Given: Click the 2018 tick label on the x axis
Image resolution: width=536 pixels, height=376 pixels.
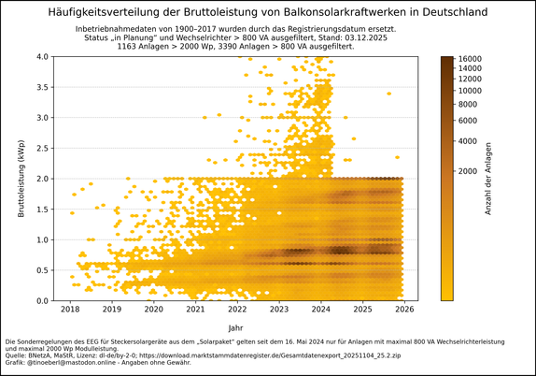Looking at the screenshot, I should coord(69,309).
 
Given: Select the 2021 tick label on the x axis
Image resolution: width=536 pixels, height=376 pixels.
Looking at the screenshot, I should coord(195,309).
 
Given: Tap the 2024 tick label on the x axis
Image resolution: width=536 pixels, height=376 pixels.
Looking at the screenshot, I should coord(320,309).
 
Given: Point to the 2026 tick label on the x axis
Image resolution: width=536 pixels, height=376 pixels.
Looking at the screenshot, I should coord(404,309).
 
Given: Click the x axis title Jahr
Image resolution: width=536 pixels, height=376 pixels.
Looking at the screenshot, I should coord(237,328).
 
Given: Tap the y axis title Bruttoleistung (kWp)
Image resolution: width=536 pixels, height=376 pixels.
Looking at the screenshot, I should coord(21,179).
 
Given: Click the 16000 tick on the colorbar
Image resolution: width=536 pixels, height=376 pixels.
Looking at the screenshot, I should coord(471,59).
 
